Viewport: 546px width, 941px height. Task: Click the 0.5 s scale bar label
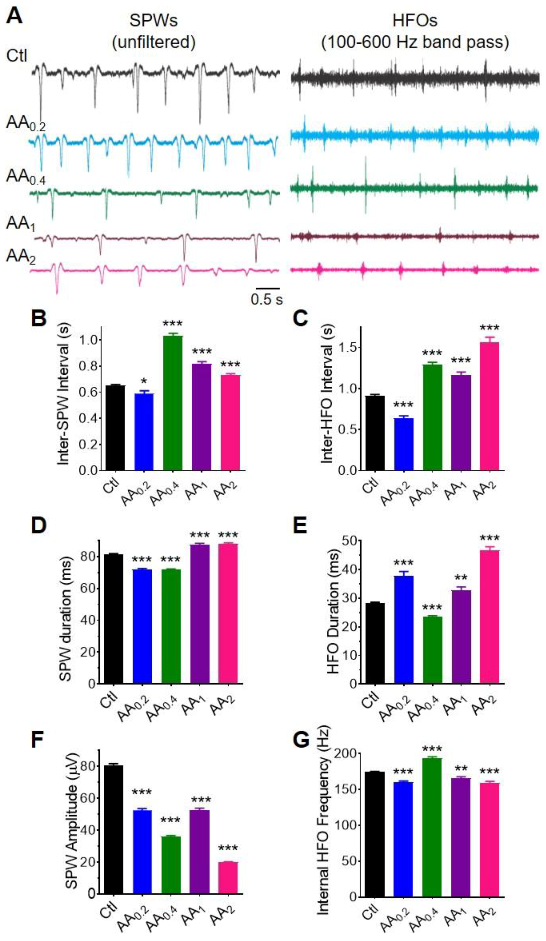tap(267, 300)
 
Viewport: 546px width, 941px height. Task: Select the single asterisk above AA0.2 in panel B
tap(144, 381)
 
